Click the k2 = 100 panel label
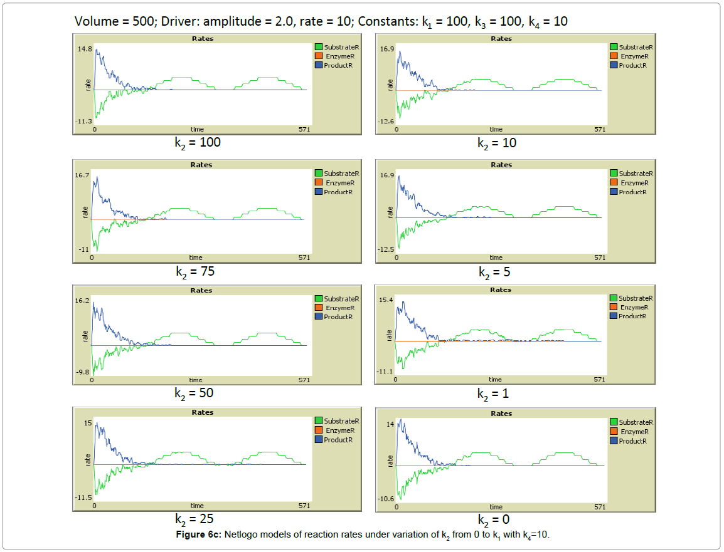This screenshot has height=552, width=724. click(197, 143)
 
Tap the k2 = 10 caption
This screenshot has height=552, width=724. click(498, 143)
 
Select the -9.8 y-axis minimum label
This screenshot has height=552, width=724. click(83, 372)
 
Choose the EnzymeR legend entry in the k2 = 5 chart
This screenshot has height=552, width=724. click(633, 183)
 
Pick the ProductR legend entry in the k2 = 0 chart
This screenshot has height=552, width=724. click(632, 441)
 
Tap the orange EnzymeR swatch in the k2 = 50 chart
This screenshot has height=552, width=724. click(318, 308)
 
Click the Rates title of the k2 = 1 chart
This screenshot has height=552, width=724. click(501, 290)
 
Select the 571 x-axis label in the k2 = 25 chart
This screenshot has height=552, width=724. click(304, 506)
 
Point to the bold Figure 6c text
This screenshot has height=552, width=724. click(197, 534)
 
